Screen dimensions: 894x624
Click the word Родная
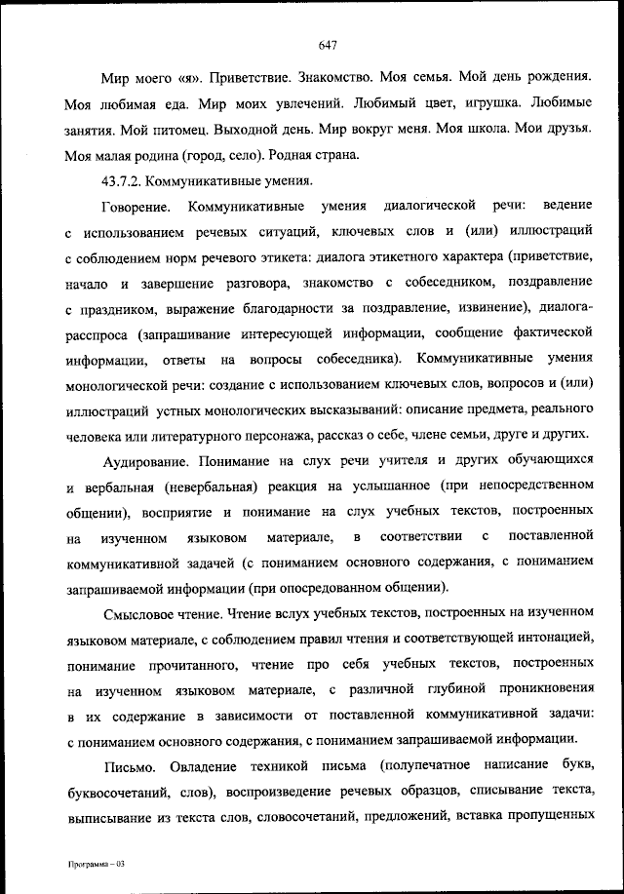[x=279, y=154]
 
